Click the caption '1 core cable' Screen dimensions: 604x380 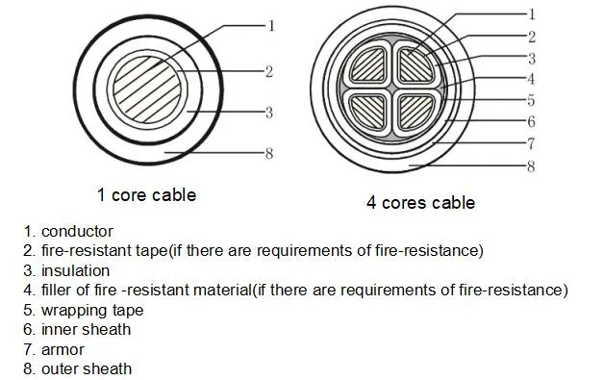pyautogui.click(x=146, y=195)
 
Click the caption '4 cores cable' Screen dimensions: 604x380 pyautogui.click(x=419, y=203)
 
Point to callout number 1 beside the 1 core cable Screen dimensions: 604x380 pyautogui.click(x=270, y=26)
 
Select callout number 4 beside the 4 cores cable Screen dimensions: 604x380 pyautogui.click(x=531, y=78)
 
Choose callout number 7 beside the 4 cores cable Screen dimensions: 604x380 pyautogui.click(x=531, y=143)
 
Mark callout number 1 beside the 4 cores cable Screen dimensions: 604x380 pyautogui.click(x=531, y=13)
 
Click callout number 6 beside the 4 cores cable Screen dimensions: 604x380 pyautogui.click(x=531, y=122)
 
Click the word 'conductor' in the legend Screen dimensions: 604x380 pyautogui.click(x=77, y=231)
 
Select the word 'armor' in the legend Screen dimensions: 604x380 pyautogui.click(x=63, y=349)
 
